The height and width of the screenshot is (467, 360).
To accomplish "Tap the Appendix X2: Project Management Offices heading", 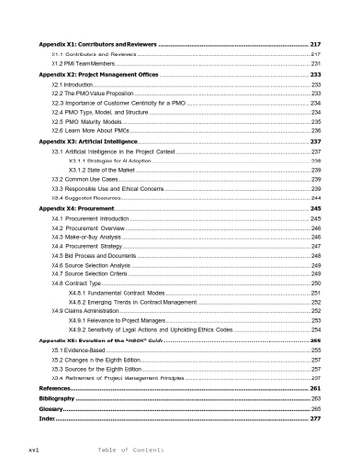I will [98, 74].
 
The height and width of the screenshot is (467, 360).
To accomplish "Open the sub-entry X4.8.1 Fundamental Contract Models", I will [123, 292].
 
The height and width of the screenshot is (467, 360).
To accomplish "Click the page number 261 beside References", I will [314, 388].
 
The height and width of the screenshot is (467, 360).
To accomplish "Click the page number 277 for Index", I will [314, 419].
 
